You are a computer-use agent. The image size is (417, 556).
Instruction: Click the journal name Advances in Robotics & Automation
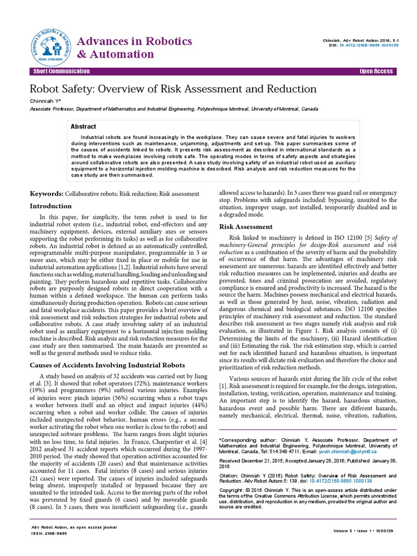click(135, 48)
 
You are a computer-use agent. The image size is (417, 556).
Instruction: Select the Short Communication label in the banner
click(61, 72)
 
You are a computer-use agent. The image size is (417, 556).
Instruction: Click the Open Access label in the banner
click(376, 72)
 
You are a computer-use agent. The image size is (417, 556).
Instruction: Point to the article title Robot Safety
click(173, 89)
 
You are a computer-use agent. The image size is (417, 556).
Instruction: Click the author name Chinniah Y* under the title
click(44, 101)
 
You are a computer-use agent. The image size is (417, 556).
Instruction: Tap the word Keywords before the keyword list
click(46, 194)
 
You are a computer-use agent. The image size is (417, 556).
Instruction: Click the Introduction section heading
click(50, 206)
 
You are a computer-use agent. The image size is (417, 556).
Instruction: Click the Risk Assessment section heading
click(245, 226)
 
